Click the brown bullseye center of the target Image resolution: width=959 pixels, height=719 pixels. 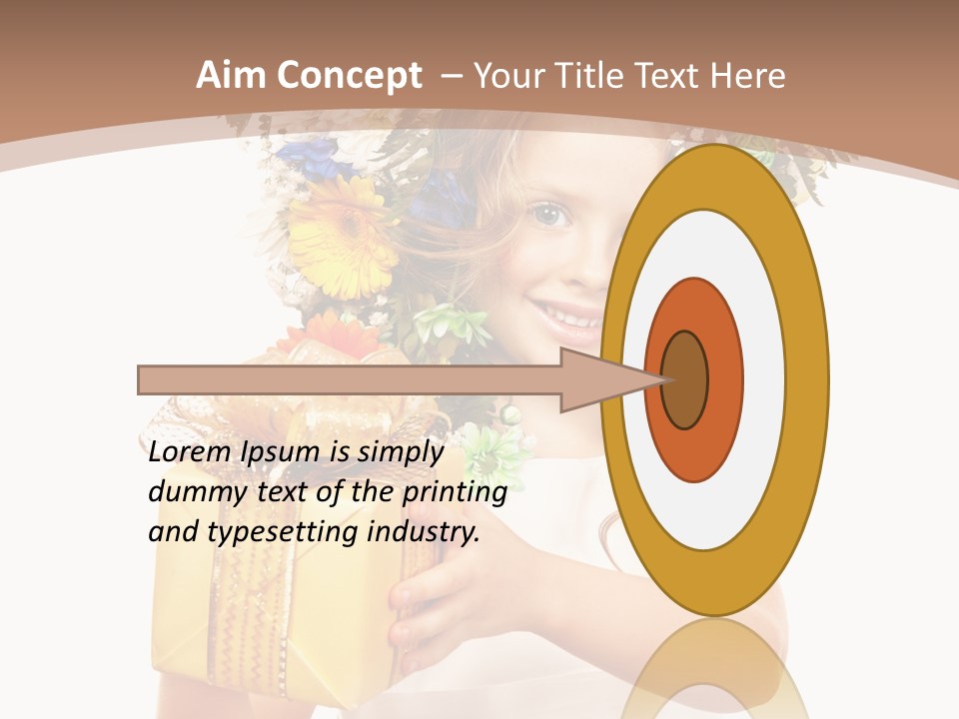point(686,379)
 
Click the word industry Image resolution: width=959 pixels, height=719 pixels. point(424,532)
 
